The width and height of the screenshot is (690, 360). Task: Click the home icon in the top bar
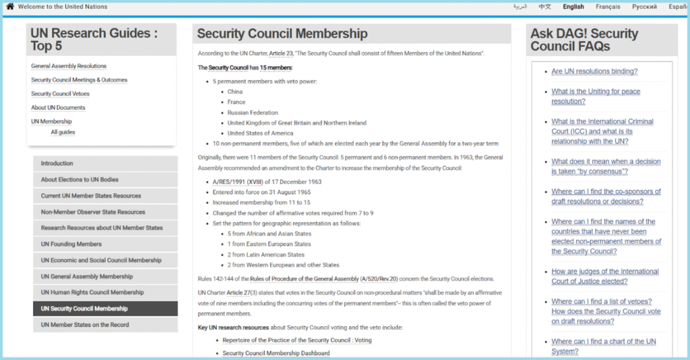10,7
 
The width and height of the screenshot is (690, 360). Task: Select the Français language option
608,7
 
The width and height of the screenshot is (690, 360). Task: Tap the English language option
573,7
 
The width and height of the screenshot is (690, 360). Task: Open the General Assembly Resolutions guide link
69,66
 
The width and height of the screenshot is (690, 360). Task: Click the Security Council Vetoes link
60,94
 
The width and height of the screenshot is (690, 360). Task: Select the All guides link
63,132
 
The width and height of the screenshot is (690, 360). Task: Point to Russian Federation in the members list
253,113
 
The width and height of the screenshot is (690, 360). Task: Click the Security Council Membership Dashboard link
276,353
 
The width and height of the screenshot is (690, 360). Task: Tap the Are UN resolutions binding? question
594,71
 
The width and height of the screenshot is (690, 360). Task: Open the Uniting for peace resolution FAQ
596,96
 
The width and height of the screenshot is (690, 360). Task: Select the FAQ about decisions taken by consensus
606,167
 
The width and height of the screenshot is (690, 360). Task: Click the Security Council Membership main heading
282,34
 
